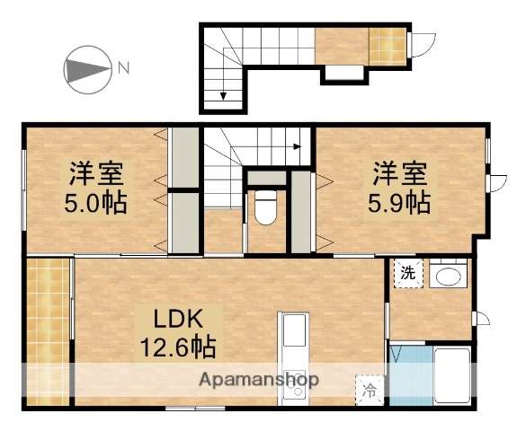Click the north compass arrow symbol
87,67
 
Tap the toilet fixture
266,208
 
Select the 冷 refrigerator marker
369,390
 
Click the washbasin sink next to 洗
446,276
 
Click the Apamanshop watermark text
260,379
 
